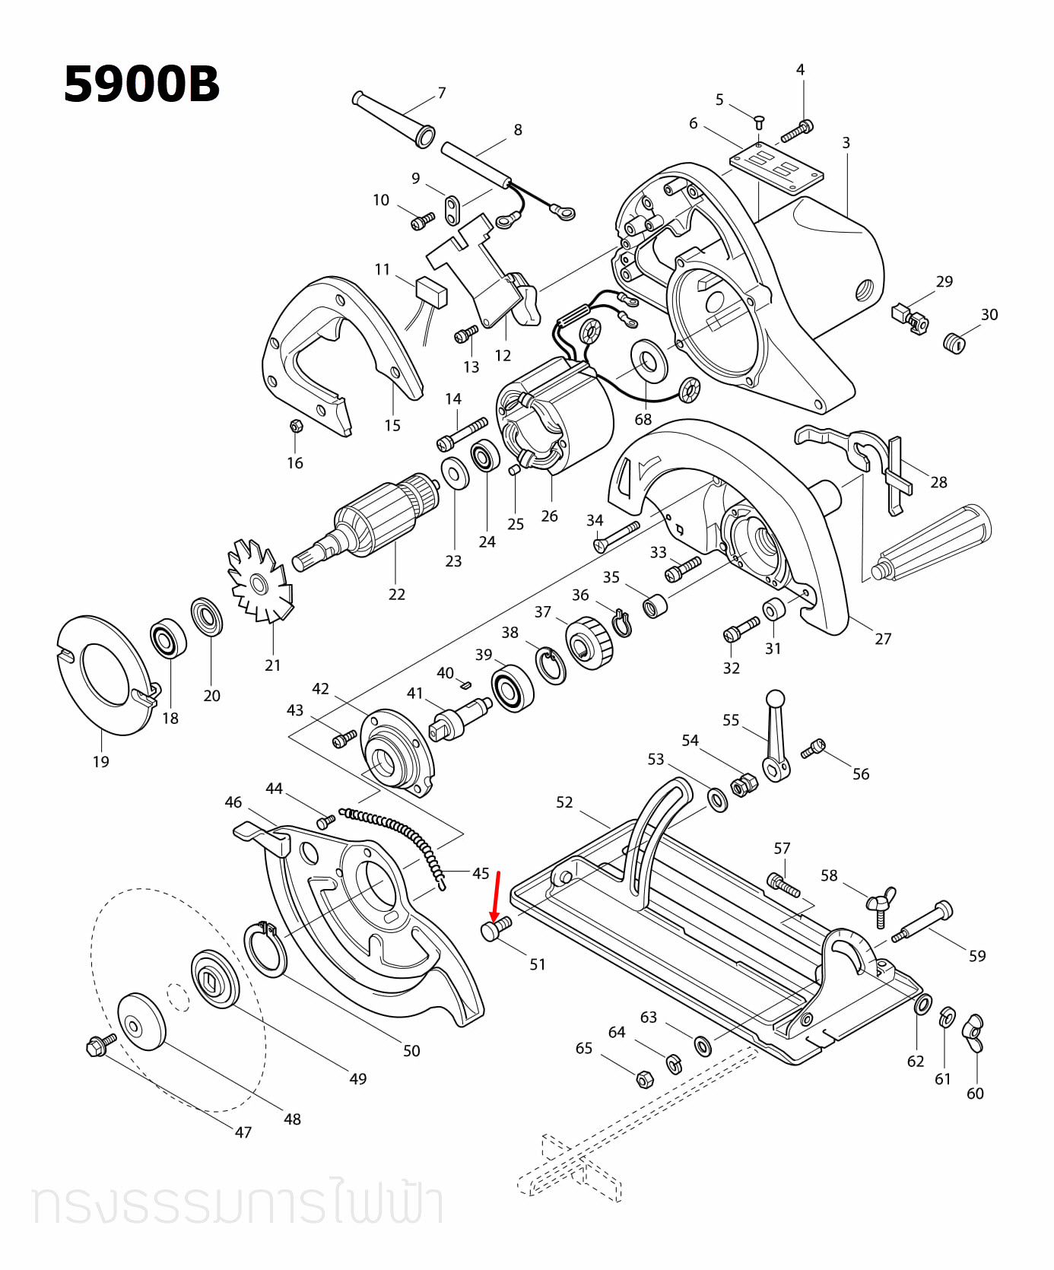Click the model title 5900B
point(141,84)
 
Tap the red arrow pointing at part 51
point(496,897)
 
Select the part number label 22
point(396,594)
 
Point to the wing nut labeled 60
point(974,1034)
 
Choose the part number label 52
point(564,802)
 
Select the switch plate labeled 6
point(776,167)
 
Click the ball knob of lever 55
point(775,698)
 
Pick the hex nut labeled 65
point(643,1078)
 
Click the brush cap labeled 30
point(954,343)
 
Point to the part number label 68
point(643,420)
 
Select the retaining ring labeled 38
point(552,665)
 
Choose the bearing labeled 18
point(167,639)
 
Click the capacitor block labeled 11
point(431,291)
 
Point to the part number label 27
point(882,639)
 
